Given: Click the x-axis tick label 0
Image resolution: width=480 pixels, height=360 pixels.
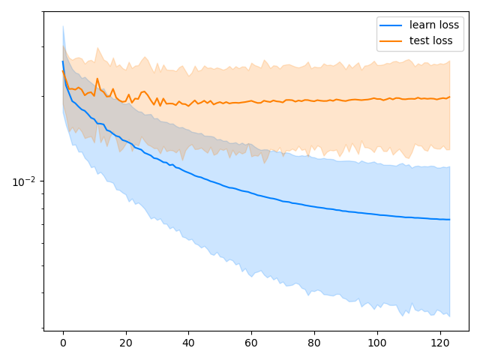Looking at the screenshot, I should (x=63, y=343).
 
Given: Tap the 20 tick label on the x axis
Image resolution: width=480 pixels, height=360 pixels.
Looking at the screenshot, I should (x=125, y=343).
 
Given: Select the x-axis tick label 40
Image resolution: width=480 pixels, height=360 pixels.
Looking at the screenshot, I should (x=188, y=343).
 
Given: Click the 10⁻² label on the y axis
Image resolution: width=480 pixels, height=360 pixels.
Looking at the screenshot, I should (x=25, y=181).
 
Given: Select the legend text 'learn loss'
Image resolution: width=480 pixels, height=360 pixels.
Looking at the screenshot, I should (x=434, y=25).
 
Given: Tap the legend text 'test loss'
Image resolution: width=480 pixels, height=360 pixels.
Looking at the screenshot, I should (x=430, y=40).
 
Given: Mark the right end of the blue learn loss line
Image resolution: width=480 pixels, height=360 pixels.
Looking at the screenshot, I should (x=449, y=220).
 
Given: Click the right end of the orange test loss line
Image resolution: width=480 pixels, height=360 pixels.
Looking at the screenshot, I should (x=449, y=97).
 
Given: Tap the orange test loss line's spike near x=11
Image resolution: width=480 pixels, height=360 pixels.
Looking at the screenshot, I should (x=97, y=79).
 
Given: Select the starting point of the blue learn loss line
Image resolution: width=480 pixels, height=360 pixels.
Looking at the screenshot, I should (x=63, y=61).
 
